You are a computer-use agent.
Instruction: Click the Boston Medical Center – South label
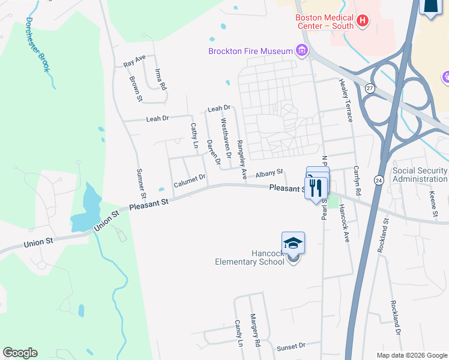click(324, 22)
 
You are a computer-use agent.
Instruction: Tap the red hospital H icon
click(362, 22)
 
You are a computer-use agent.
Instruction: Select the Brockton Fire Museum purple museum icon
click(302, 51)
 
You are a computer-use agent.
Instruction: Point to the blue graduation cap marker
click(293, 242)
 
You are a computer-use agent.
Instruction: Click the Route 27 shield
click(370, 88)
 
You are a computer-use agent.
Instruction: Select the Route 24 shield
click(378, 179)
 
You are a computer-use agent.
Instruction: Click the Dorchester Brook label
click(37, 45)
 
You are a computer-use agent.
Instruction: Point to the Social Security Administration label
click(420, 175)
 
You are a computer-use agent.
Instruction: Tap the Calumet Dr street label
click(190, 181)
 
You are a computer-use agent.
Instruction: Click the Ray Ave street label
click(134, 62)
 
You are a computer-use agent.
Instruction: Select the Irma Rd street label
click(160, 79)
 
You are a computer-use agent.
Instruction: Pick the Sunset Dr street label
click(291, 347)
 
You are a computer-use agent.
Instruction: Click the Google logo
click(20, 353)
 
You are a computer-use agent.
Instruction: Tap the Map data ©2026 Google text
click(411, 355)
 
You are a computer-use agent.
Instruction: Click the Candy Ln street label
click(239, 333)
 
